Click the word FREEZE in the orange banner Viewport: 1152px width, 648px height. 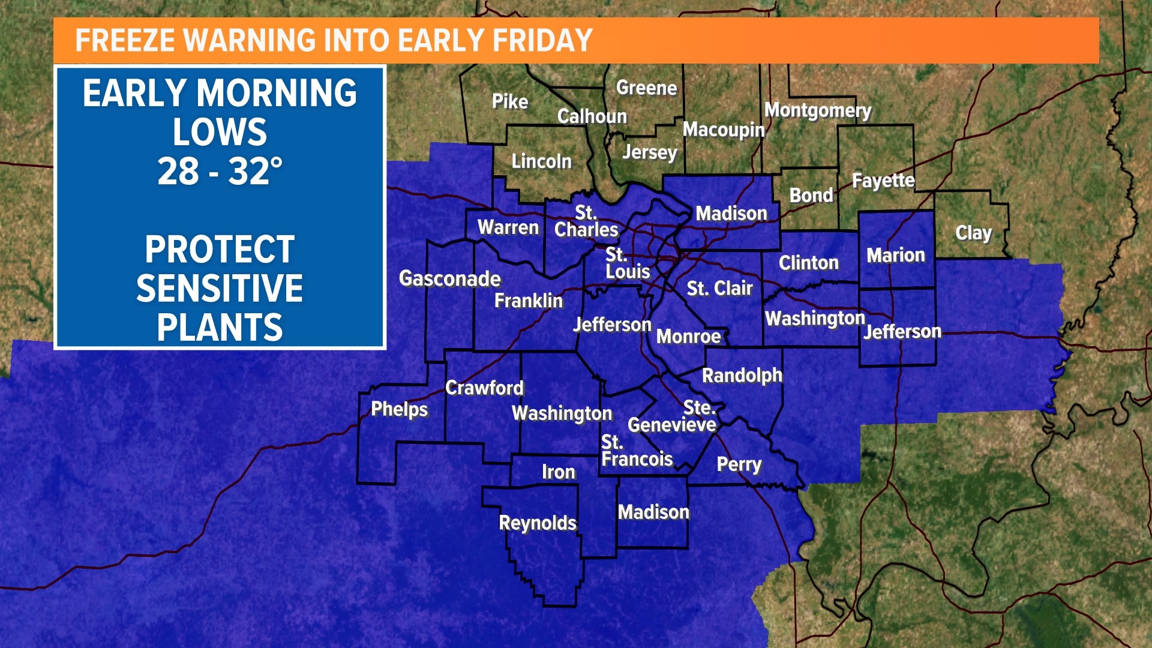point(125,41)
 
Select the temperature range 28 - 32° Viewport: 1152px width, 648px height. point(220,171)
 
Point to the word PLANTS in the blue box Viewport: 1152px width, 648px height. point(220,328)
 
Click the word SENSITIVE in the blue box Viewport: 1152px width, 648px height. point(220,289)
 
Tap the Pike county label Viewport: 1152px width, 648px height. point(510,101)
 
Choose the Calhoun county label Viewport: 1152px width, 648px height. point(592,116)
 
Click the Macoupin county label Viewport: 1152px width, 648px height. point(724,130)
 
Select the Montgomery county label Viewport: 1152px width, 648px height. point(817,110)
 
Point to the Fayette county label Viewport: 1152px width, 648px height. point(883,181)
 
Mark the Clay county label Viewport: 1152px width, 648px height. point(973,233)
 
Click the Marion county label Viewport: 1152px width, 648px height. point(896,256)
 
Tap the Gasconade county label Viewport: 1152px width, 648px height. point(450,278)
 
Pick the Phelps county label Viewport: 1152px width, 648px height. point(400,409)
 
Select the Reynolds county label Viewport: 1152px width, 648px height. point(538,523)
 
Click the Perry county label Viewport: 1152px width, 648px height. point(739,464)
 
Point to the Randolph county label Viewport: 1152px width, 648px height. point(742,376)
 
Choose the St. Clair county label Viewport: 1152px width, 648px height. point(719,289)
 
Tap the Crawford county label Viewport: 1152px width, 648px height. point(484,388)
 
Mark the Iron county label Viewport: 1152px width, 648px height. point(559,472)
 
